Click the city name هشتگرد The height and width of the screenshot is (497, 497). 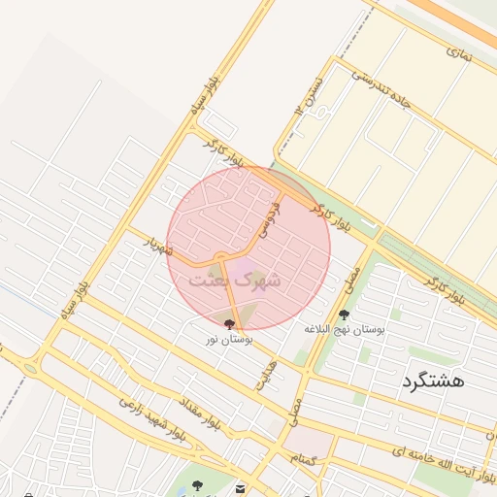pyautogui.click(x=431, y=381)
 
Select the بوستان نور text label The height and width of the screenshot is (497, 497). pyautogui.click(x=229, y=340)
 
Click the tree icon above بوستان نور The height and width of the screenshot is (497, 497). pyautogui.click(x=229, y=324)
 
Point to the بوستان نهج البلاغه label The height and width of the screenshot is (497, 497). pyautogui.click(x=344, y=330)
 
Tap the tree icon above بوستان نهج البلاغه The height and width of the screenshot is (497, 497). pyautogui.click(x=344, y=315)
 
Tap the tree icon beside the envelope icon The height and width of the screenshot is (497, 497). pyautogui.click(x=198, y=485)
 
